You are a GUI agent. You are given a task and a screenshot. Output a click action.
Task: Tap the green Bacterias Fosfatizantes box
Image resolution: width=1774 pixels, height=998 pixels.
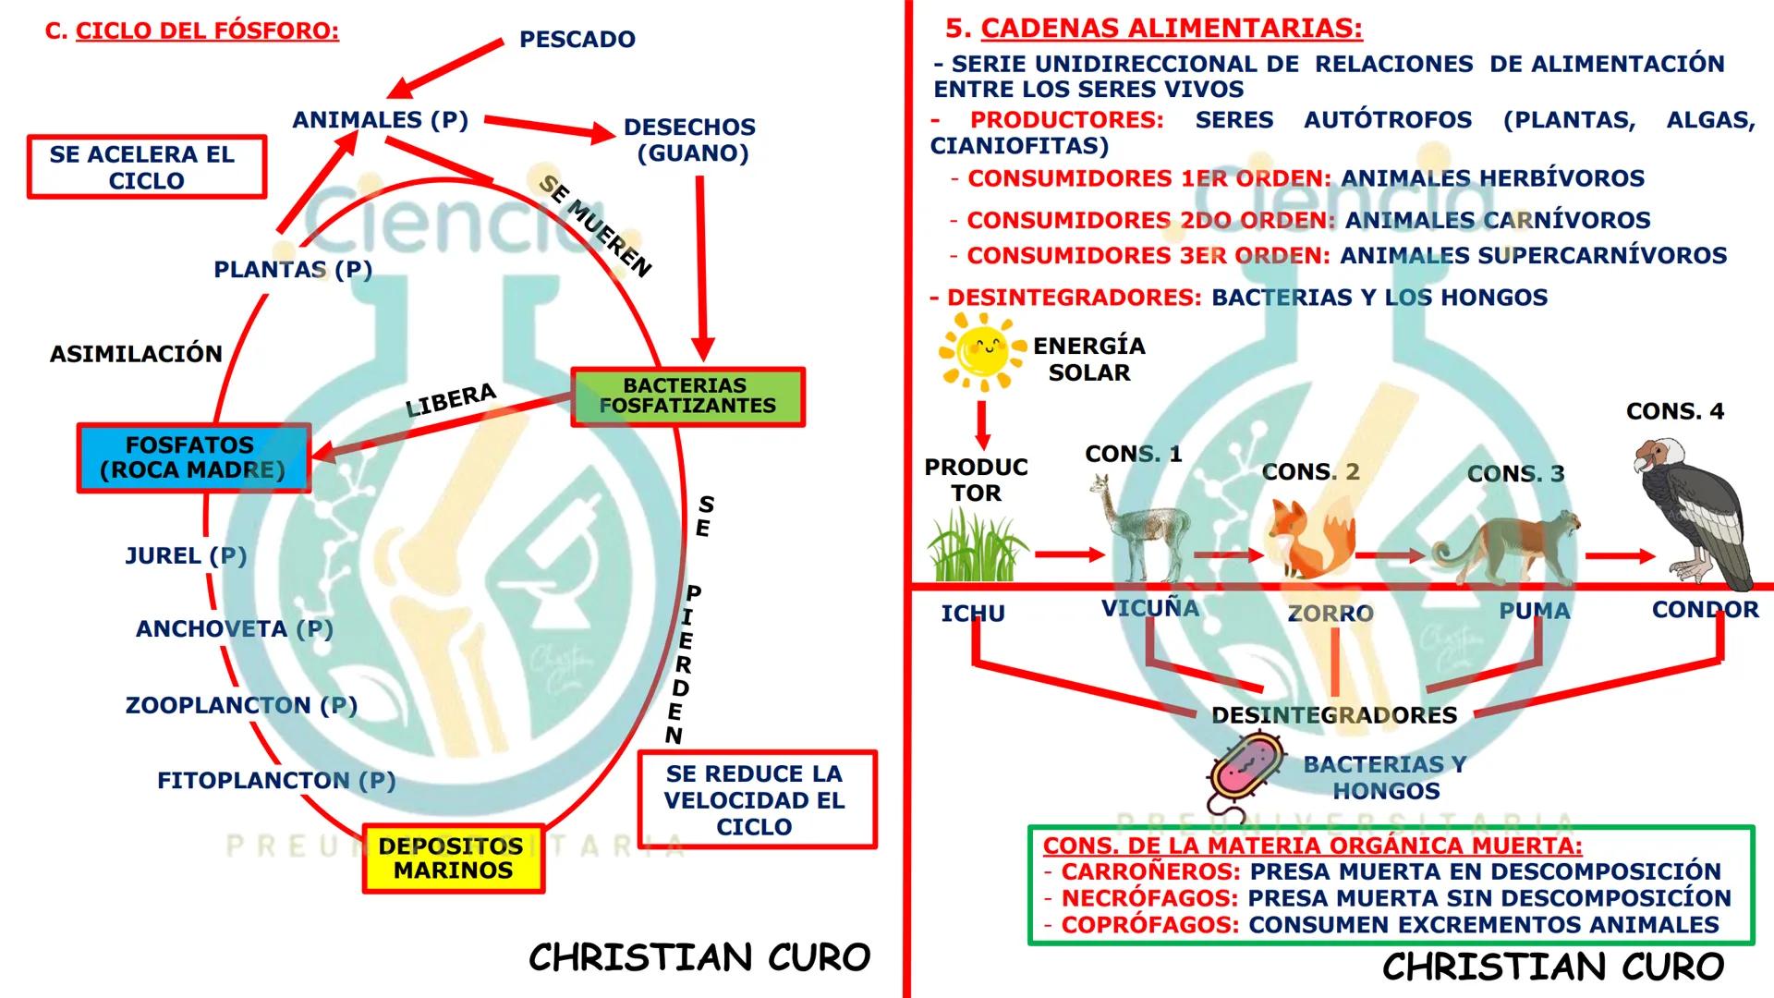[x=687, y=396]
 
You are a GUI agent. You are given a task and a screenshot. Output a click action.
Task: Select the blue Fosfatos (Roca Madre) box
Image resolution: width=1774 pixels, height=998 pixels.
[x=193, y=458]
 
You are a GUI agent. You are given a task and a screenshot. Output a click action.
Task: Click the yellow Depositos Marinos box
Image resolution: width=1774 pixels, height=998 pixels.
[x=453, y=858]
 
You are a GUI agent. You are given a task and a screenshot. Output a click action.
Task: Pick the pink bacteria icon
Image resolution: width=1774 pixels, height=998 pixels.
[x=1247, y=767]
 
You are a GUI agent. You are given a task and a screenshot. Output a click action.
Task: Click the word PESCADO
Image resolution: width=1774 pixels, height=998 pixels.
[x=577, y=40]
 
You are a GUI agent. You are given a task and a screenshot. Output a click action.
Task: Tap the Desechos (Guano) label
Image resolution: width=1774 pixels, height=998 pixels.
[x=690, y=140]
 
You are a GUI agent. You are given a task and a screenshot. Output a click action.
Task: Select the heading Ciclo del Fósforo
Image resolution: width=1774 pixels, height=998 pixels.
[x=207, y=30]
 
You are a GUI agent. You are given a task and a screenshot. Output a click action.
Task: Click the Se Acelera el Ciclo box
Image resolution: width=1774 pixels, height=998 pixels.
[x=146, y=167]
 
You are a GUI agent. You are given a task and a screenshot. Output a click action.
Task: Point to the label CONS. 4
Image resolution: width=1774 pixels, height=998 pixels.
[x=1674, y=411]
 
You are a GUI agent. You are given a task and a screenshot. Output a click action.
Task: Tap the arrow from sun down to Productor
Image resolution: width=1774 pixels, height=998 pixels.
[x=982, y=424]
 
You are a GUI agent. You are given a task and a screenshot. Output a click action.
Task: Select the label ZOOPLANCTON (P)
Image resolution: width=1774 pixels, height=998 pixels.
[x=241, y=705]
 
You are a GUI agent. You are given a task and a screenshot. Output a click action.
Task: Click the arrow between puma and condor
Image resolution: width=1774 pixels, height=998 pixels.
[x=1619, y=556]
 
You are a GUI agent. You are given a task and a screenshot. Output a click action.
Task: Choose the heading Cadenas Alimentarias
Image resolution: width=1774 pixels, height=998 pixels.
[x=1171, y=28]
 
